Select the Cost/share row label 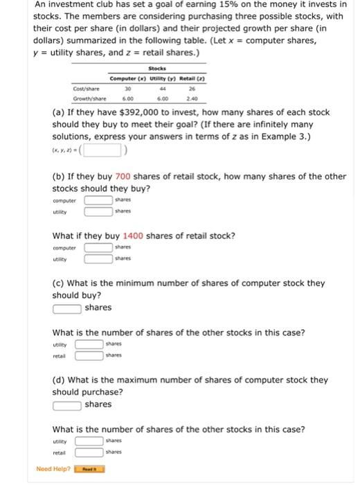pyautogui.click(x=86, y=88)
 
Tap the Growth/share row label pyautogui.click(x=89, y=98)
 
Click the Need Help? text pyautogui.click(x=53, y=469)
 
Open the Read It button pyautogui.click(x=90, y=469)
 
